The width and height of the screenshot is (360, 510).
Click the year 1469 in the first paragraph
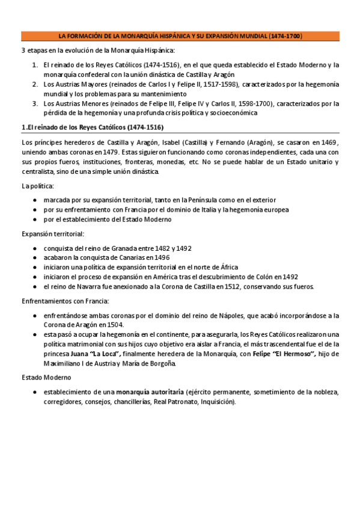pos(330,142)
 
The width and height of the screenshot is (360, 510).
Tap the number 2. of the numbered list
pos(35,84)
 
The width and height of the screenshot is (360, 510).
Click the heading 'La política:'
pos(37,186)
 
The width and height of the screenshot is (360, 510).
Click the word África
pos(227,267)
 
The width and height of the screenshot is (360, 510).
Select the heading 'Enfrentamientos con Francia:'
pos(65,301)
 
